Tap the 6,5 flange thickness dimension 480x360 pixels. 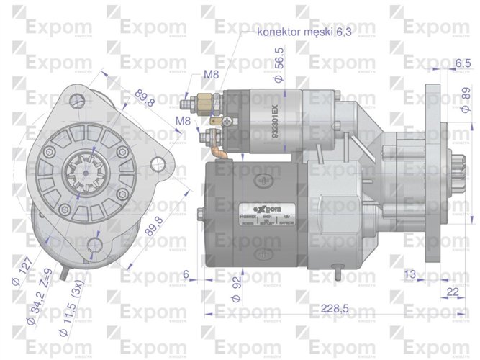coord(445,63)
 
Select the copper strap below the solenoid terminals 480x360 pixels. coord(219,147)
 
